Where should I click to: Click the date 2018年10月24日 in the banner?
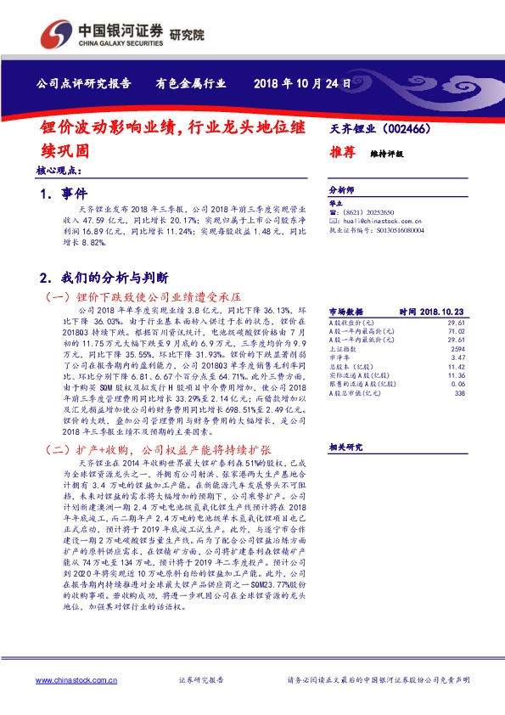tap(302, 83)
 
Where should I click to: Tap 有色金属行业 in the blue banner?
tap(191, 83)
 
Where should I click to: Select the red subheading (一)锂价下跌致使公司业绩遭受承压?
tap(142, 297)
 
